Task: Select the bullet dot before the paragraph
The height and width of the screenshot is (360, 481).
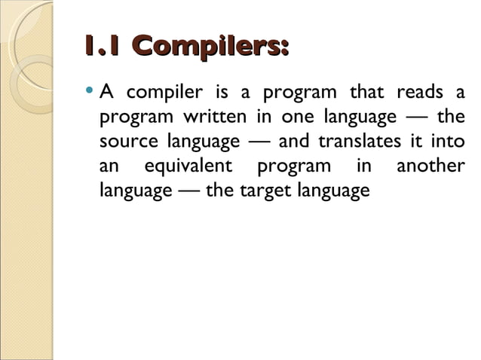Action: pyautogui.click(x=90, y=93)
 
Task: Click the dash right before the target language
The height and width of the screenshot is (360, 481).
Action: pyautogui.click(x=188, y=191)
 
